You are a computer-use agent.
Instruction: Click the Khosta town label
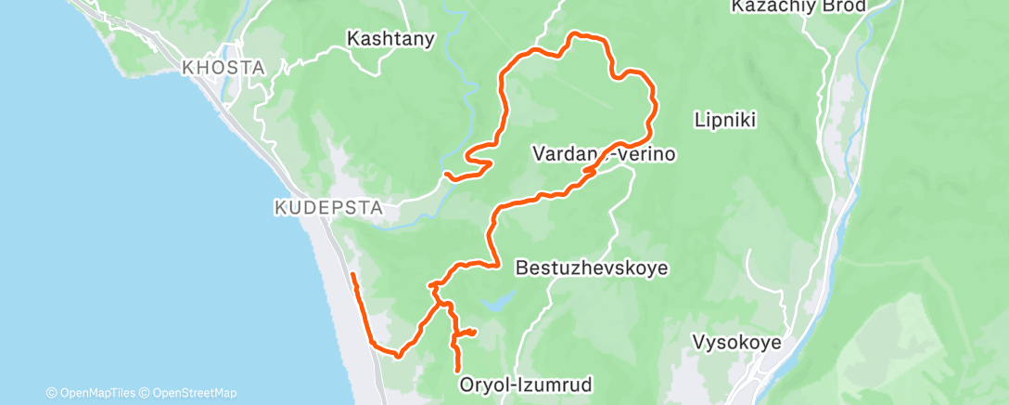tap(224, 68)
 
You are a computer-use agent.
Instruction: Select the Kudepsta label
tap(328, 208)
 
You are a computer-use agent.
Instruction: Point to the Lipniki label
tap(726, 120)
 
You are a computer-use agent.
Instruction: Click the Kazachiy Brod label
tap(798, 7)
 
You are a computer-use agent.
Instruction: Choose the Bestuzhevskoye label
tap(591, 268)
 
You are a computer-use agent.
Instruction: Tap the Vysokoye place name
tap(736, 343)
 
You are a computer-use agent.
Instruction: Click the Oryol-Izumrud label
tap(525, 384)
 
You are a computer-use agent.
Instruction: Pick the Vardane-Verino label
tap(604, 154)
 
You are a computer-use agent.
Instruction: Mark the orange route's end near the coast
tap(353, 275)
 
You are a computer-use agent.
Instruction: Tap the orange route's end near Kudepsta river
tap(447, 174)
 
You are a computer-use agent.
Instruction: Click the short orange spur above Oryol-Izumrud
tap(466, 332)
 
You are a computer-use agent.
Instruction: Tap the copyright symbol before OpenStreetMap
tap(147, 394)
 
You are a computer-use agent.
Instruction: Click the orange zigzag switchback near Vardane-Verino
tap(590, 172)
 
